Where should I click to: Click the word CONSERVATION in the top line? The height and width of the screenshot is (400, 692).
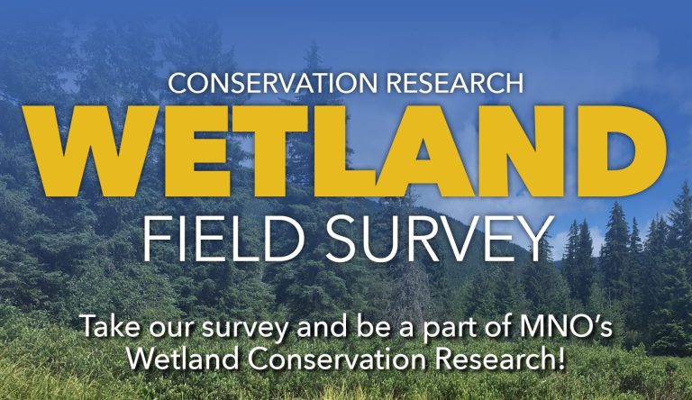(272, 83)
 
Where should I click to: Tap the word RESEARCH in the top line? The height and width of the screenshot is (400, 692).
(454, 83)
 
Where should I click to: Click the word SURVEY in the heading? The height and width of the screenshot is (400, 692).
(439, 239)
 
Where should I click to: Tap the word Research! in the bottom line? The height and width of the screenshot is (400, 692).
(500, 358)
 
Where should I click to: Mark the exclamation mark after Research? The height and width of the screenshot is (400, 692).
(561, 358)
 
